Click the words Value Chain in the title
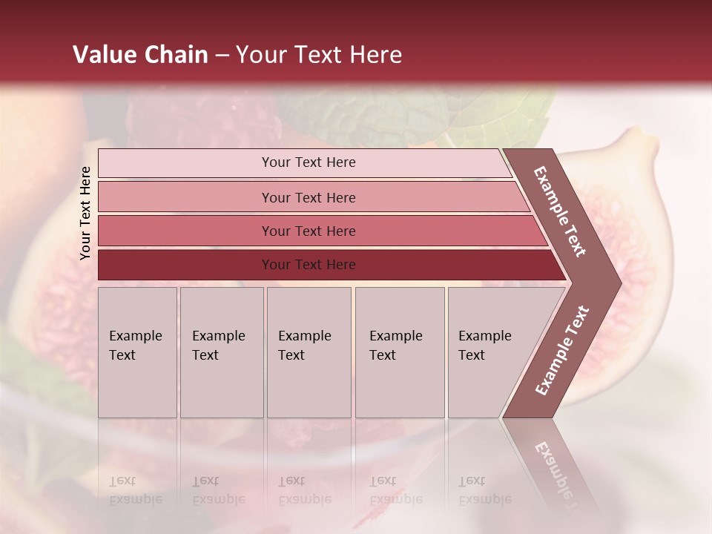pos(140,55)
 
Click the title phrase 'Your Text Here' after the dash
pos(319,55)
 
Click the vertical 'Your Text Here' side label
pos(86,213)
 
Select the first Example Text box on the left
pos(137,352)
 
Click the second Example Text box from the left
pos(222,352)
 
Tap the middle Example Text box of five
pos(309,352)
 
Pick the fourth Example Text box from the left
pos(400,352)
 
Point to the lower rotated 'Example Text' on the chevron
pos(562,350)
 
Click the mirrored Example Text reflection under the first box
pos(136,490)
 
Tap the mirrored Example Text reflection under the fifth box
pos(485,490)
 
